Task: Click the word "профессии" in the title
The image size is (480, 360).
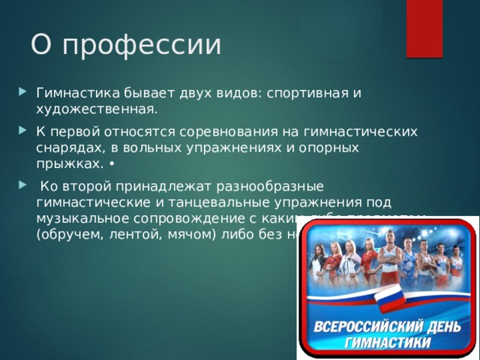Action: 142,44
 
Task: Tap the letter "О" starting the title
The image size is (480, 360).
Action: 41,43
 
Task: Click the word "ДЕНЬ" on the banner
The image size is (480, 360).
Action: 441,328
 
